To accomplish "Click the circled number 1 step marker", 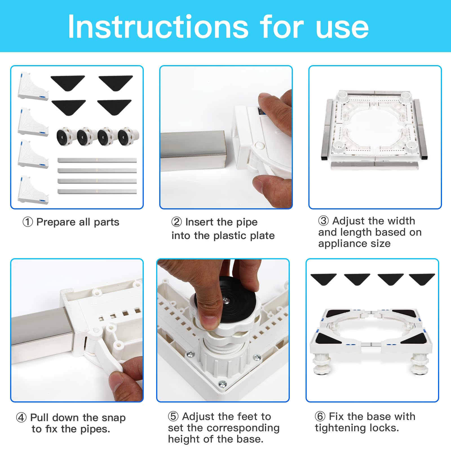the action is [x=28, y=222].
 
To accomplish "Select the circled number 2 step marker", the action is [x=176, y=222].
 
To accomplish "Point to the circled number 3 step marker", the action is [x=323, y=221].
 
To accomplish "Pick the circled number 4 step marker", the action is [x=21, y=417].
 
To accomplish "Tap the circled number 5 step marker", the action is [x=173, y=416].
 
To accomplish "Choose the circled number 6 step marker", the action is [x=320, y=416].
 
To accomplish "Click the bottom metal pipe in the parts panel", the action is [x=97, y=192].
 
